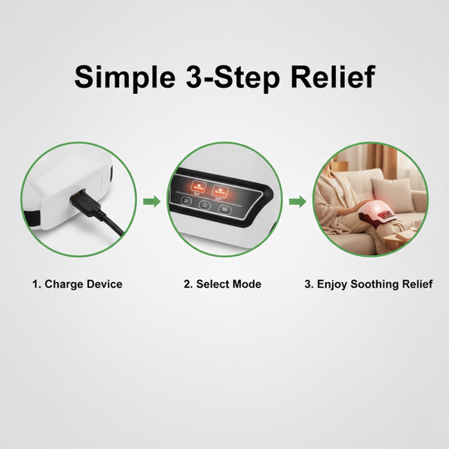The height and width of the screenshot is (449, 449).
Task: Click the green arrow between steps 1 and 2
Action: tap(150, 201)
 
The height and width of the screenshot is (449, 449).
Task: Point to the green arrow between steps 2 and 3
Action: tap(296, 201)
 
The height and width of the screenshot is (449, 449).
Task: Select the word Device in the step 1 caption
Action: tap(104, 284)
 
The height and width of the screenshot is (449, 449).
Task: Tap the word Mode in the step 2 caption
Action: tap(246, 284)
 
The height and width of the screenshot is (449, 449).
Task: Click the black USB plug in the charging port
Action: tap(84, 202)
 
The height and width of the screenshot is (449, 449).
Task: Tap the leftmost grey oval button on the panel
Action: tap(185, 201)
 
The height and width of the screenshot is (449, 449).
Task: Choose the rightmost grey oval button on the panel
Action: tap(225, 209)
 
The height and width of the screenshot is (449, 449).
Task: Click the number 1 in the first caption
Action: tap(36, 284)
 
